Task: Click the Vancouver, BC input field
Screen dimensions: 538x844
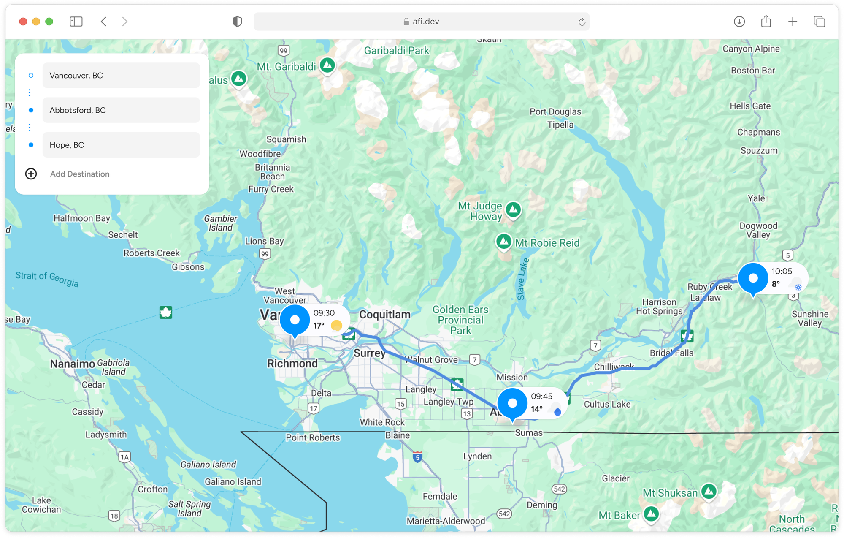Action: (x=121, y=76)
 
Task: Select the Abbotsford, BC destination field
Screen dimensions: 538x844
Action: (x=121, y=110)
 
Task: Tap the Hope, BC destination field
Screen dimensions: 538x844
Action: (x=121, y=145)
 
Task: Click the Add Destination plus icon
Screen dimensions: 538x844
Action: (x=31, y=174)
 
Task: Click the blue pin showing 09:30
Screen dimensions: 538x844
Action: (x=295, y=320)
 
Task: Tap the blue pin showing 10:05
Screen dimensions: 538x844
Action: (x=753, y=278)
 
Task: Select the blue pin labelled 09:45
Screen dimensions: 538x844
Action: (x=512, y=403)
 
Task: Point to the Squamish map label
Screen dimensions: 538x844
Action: (x=286, y=139)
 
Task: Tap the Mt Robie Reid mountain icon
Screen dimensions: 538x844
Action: (x=504, y=242)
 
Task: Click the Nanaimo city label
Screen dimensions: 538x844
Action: (x=73, y=364)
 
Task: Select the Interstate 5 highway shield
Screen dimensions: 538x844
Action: (x=417, y=457)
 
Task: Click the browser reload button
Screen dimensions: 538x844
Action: (x=582, y=22)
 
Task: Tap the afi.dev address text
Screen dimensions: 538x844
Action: (x=425, y=22)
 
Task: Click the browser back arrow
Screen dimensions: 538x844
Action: (x=104, y=22)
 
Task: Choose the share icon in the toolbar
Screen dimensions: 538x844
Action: (x=766, y=22)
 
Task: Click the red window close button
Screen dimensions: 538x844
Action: (x=23, y=22)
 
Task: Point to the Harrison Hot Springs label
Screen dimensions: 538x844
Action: (x=659, y=307)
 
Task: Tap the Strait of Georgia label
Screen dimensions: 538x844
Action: (x=47, y=279)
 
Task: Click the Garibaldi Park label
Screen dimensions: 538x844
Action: (x=396, y=51)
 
